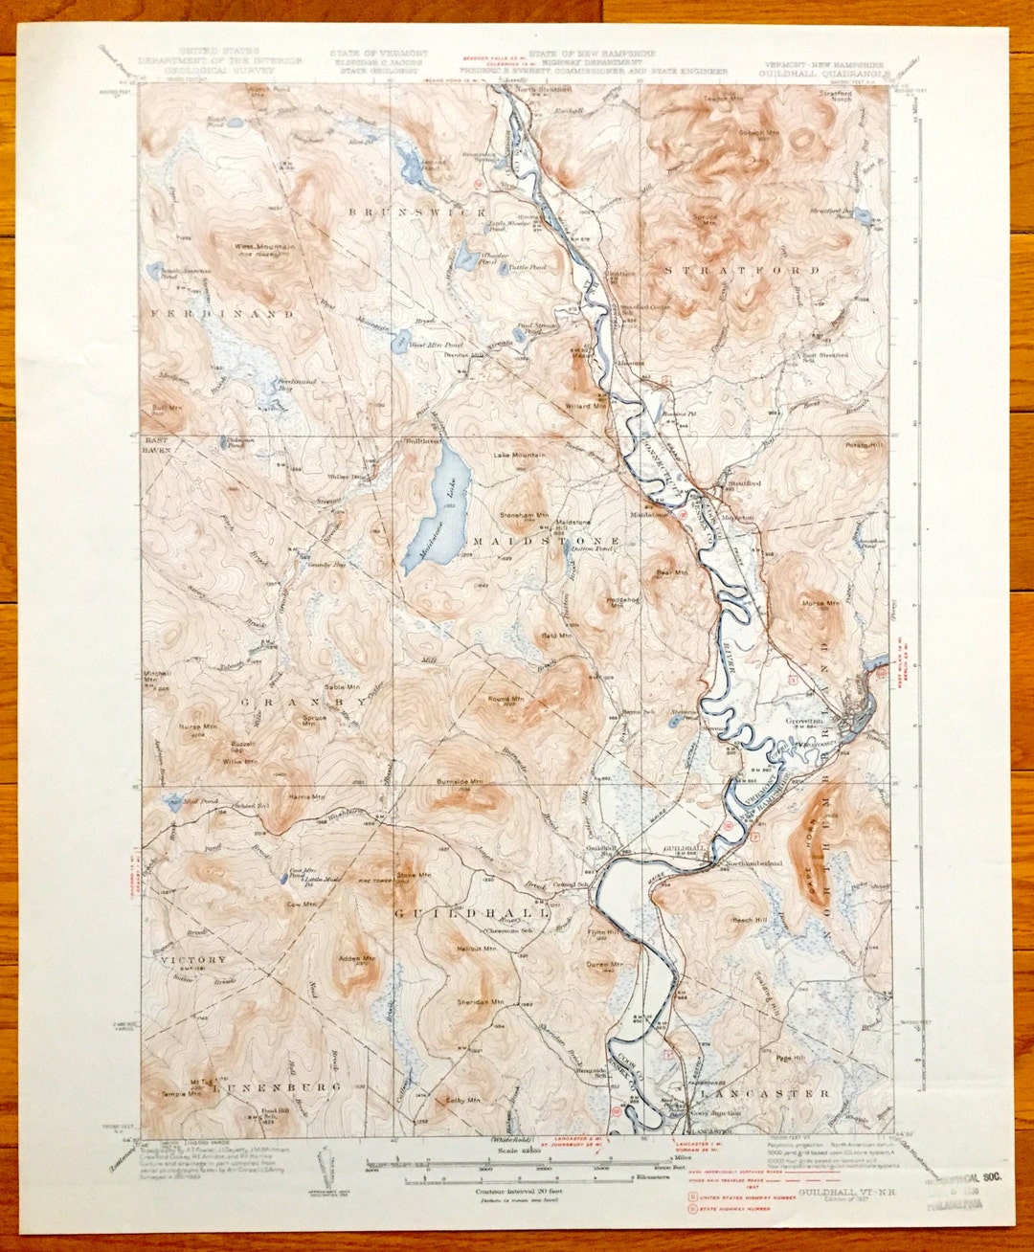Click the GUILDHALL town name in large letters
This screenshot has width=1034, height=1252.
[x=473, y=913]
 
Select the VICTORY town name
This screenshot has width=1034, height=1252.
[x=193, y=959]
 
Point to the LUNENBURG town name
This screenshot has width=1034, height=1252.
[x=271, y=1087]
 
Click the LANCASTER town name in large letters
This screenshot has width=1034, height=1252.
[x=763, y=1092]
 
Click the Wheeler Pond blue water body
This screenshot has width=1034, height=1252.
[x=464, y=256]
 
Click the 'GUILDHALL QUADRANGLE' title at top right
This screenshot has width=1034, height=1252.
[x=824, y=72]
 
